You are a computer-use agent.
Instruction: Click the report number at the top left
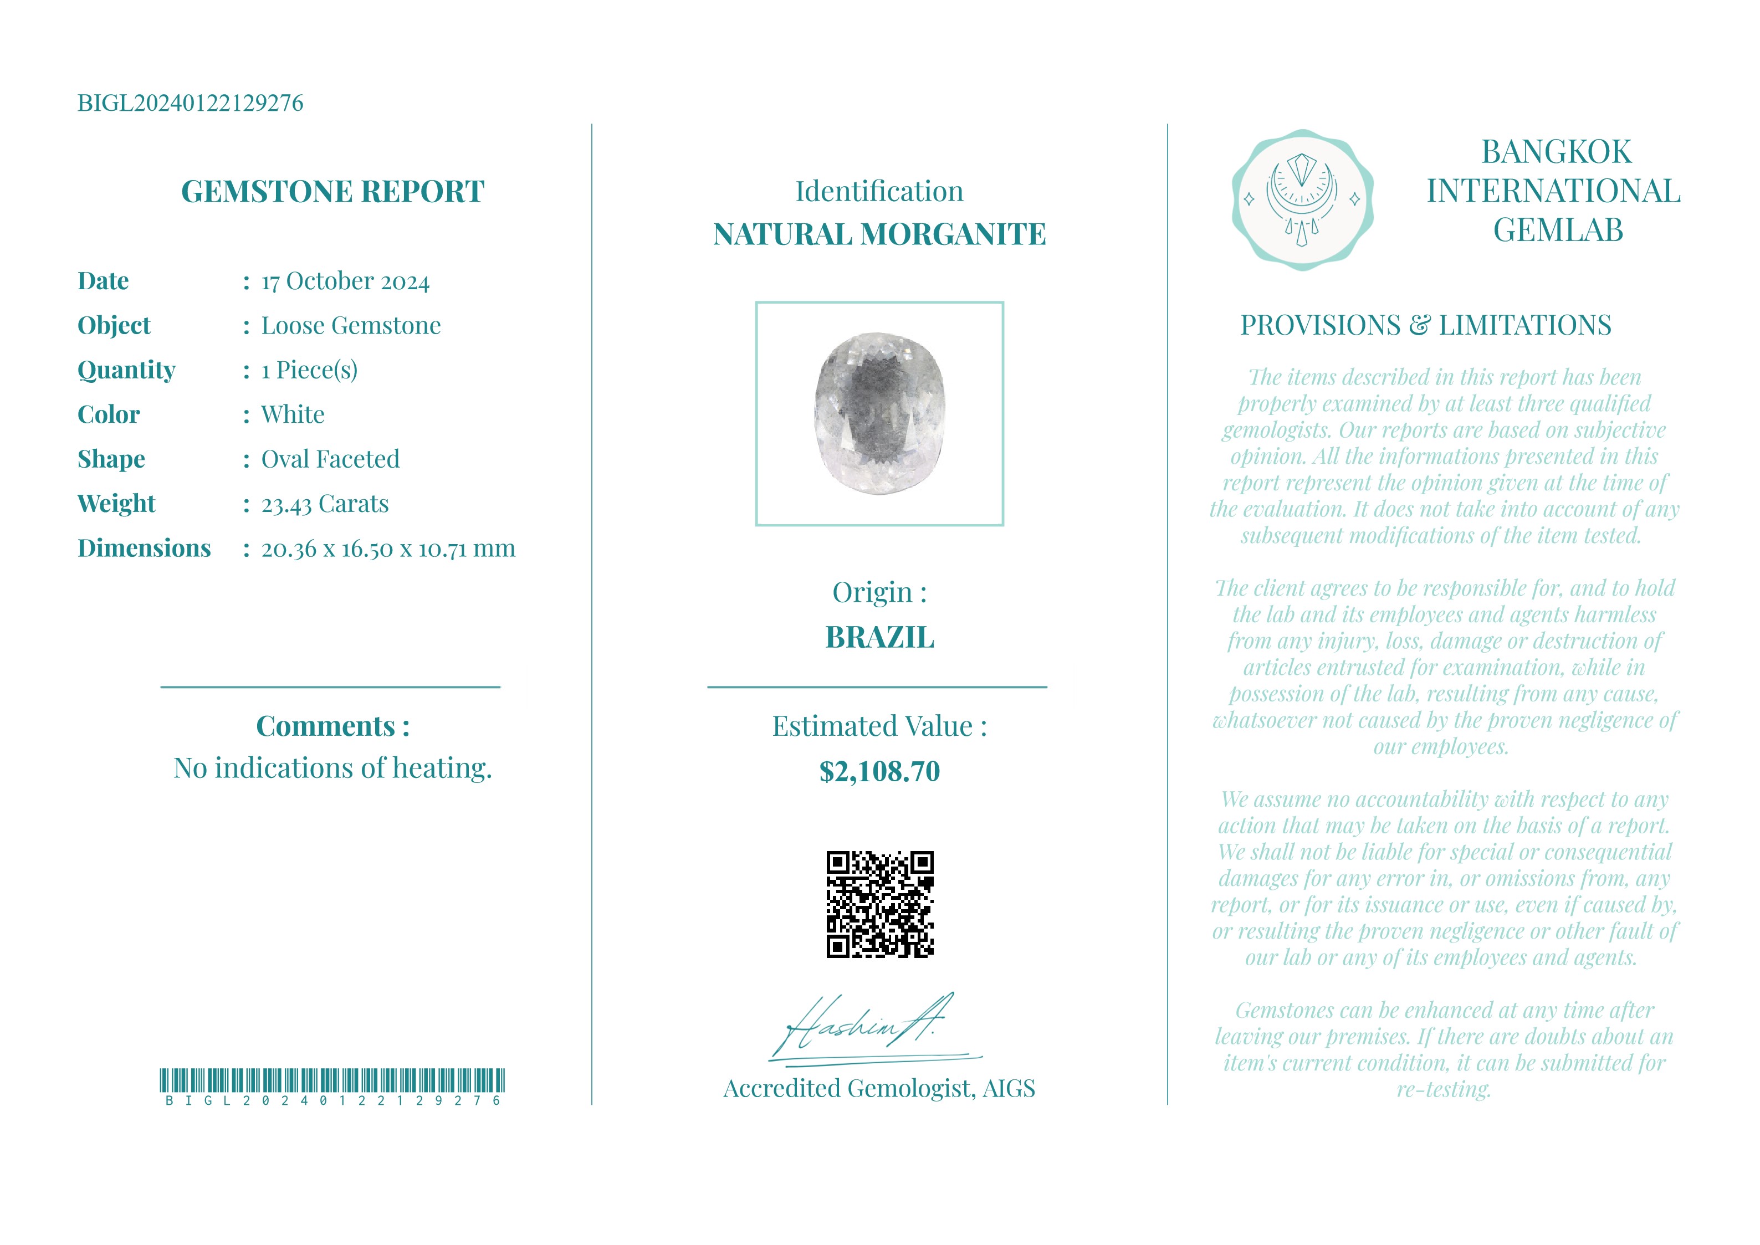(190, 103)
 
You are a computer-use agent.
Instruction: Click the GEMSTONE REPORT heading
(332, 192)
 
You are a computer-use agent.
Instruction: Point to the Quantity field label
(126, 370)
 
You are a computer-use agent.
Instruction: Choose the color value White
(293, 415)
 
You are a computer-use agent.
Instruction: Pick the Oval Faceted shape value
(330, 459)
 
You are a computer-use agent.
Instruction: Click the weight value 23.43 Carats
(325, 504)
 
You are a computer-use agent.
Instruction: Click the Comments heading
(332, 726)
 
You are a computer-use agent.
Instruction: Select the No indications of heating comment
(332, 768)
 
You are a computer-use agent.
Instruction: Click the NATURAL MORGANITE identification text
(879, 234)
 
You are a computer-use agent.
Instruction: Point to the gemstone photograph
(879, 413)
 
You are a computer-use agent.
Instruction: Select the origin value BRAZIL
(879, 638)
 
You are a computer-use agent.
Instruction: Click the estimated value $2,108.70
(879, 771)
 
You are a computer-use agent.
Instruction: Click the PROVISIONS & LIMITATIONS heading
(1426, 326)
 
